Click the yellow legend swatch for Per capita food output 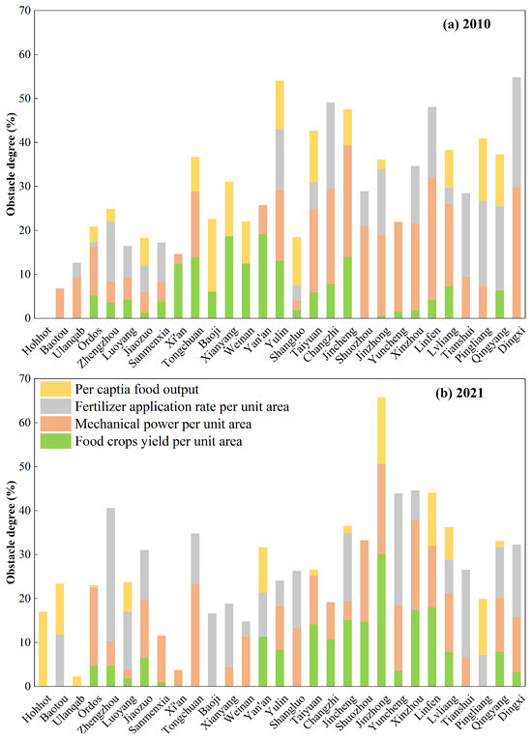pyautogui.click(x=55, y=389)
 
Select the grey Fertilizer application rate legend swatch pyautogui.click(x=55, y=406)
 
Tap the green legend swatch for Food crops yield pyautogui.click(x=55, y=441)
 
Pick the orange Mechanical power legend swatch pyautogui.click(x=55, y=424)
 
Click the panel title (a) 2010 pyautogui.click(x=466, y=24)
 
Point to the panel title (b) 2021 pyautogui.click(x=459, y=393)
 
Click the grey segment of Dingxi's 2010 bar pyautogui.click(x=517, y=133)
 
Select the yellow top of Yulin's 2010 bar pyautogui.click(x=280, y=104)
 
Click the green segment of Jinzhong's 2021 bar pyautogui.click(x=381, y=620)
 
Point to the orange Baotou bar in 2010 pyautogui.click(x=59, y=303)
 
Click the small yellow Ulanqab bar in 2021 pyautogui.click(x=76, y=682)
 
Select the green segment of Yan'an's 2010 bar pyautogui.click(x=262, y=276)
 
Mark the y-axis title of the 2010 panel pyautogui.click(x=11, y=164)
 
